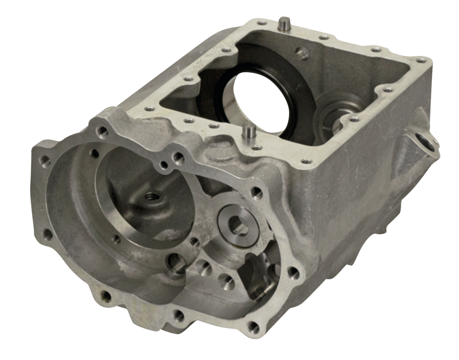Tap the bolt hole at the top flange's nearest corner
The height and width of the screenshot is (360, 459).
(x=306, y=161)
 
